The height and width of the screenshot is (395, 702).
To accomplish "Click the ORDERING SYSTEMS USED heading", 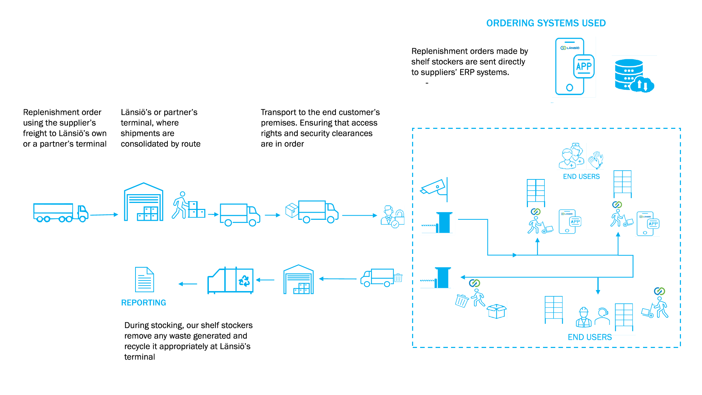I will click(x=546, y=23).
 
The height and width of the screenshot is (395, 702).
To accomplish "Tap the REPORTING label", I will click(x=143, y=303).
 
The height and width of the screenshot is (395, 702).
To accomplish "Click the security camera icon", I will click(x=434, y=187).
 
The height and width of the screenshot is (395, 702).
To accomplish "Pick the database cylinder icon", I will click(x=629, y=74).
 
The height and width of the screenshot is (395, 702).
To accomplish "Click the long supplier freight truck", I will click(x=60, y=213).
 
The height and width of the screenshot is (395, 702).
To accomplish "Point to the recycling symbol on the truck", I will click(x=244, y=280).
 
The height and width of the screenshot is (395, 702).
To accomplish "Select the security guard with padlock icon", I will click(x=392, y=217).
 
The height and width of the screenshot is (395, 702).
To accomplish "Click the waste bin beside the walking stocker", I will click(x=462, y=301).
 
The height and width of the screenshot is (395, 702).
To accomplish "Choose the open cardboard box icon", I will click(x=496, y=311).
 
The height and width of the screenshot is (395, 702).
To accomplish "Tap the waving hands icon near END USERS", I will click(x=596, y=160).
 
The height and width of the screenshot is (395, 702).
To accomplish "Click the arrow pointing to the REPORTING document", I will click(x=188, y=284).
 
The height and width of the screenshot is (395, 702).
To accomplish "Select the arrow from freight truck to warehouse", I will click(x=104, y=215).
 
